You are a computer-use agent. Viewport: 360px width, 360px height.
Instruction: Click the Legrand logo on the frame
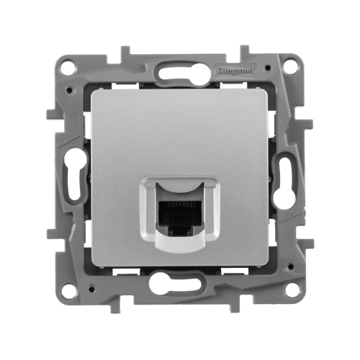(x=242, y=71)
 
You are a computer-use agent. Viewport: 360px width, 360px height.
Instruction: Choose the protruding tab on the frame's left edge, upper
(x=50, y=115)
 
